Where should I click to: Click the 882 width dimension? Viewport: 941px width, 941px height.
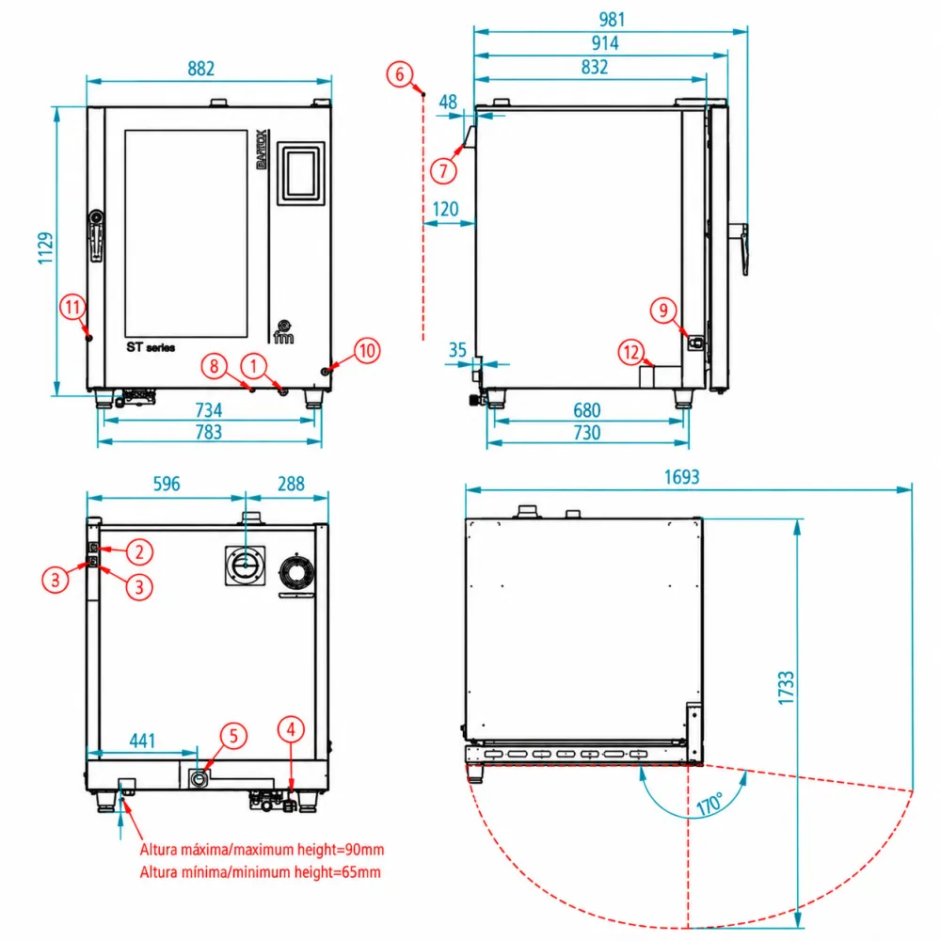201,69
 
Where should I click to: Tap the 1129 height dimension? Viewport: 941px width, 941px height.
45,247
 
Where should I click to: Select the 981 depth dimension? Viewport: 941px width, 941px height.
613,19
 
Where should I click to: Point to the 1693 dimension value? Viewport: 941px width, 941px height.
681,477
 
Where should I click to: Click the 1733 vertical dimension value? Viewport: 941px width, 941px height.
786,688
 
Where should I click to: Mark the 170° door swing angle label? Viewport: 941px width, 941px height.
711,804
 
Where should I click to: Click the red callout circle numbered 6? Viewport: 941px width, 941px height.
400,74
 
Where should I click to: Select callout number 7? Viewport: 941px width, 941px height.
443,171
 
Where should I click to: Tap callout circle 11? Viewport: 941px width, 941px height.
72,308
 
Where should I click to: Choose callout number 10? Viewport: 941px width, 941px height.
367,350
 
